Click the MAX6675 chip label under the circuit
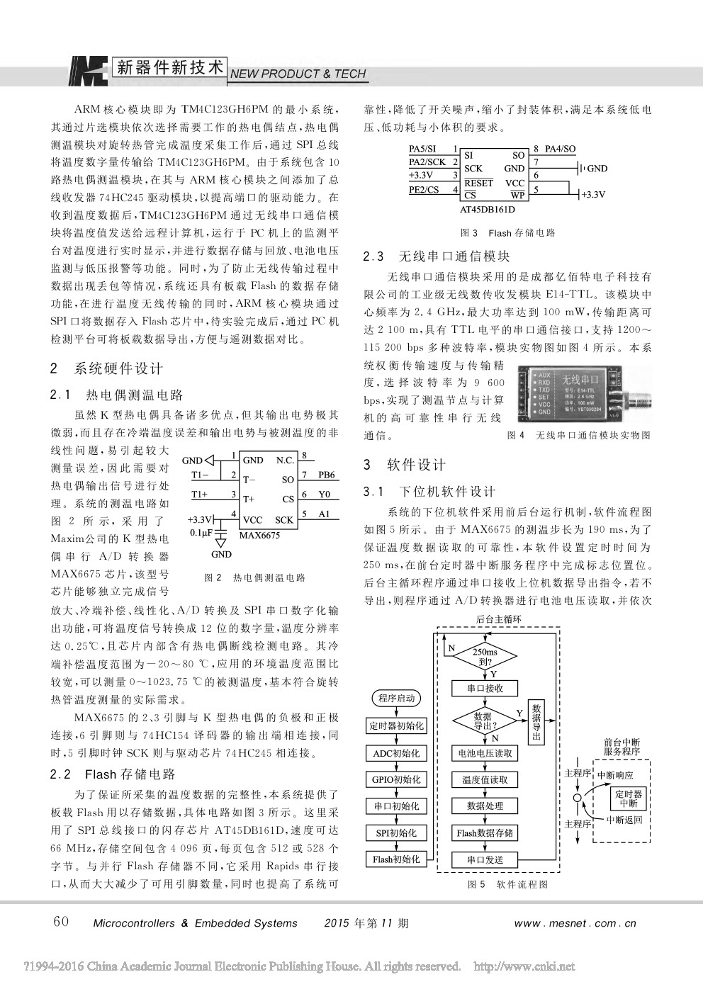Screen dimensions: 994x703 [x=259, y=535]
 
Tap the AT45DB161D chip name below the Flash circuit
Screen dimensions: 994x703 [x=488, y=210]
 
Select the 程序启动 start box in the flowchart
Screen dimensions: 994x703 [x=396, y=699]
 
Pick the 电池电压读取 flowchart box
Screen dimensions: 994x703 [x=485, y=753]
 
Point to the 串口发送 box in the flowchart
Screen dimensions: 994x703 [x=485, y=860]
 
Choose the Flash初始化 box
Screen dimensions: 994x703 [x=396, y=859]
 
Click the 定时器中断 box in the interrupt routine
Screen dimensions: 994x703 [x=628, y=799]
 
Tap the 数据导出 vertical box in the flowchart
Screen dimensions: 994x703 [x=536, y=722]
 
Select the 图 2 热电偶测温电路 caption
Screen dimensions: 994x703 [x=254, y=577]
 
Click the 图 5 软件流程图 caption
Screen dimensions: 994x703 [x=507, y=884]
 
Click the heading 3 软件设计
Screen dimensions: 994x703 [x=405, y=465]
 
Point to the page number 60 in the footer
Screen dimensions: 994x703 [x=62, y=921]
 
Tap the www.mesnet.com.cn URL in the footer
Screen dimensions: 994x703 [x=575, y=923]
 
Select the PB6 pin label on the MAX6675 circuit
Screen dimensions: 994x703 [x=327, y=475]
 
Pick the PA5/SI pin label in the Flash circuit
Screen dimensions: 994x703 [x=422, y=149]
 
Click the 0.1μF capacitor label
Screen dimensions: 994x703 [x=202, y=532]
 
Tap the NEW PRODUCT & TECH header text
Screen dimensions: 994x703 [x=298, y=74]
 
